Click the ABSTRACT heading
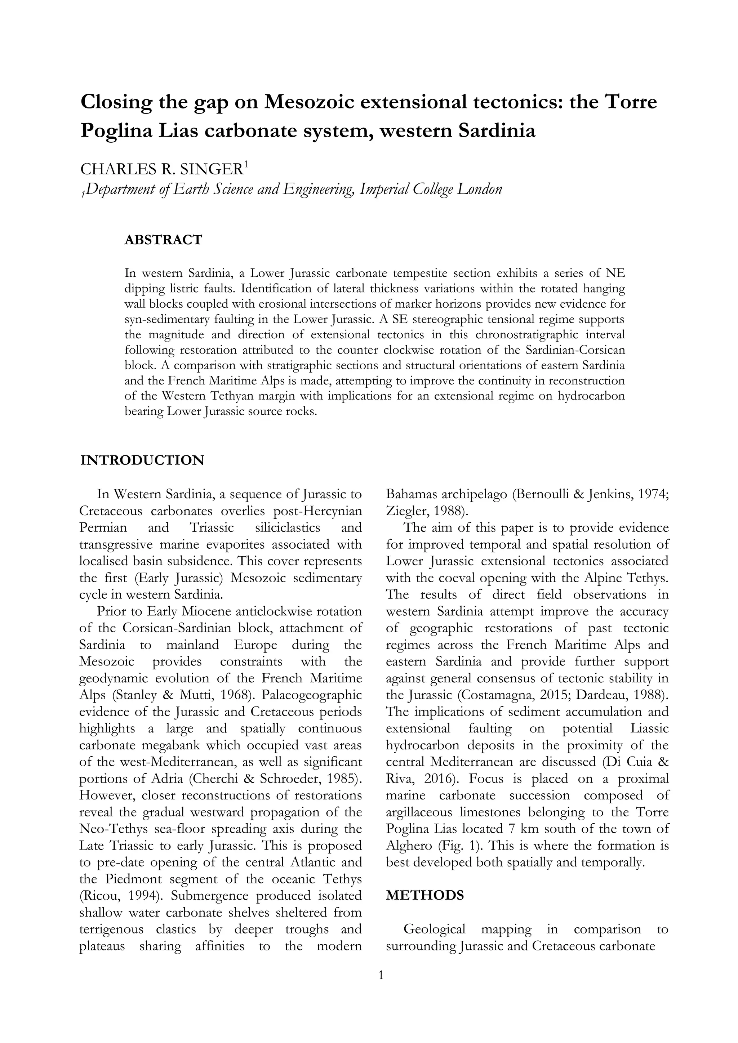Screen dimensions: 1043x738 pyautogui.click(x=163, y=240)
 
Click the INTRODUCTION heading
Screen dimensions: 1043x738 pyautogui.click(x=142, y=460)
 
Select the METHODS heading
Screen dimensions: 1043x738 pyautogui.click(x=424, y=895)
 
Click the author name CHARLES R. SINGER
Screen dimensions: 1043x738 pyautogui.click(x=162, y=169)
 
